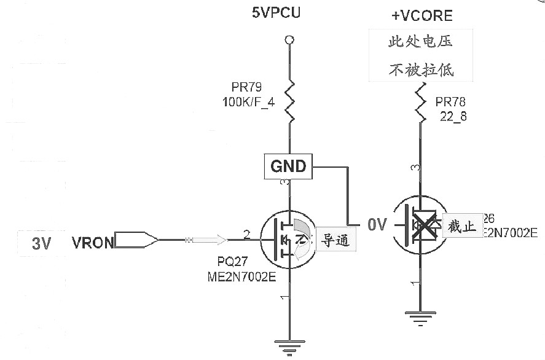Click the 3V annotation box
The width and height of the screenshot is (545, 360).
41,243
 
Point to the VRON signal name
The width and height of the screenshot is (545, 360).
93,243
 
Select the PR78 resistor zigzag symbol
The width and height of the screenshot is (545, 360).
420,103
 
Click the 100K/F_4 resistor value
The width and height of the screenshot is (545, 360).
248,103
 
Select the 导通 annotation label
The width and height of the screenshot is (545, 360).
335,241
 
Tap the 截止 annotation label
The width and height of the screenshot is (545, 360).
462,227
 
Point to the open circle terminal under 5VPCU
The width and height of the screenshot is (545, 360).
288,41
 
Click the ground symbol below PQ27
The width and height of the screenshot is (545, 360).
287,347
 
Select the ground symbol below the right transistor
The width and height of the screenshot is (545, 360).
420,319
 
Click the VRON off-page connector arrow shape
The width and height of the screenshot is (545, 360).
136,241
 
